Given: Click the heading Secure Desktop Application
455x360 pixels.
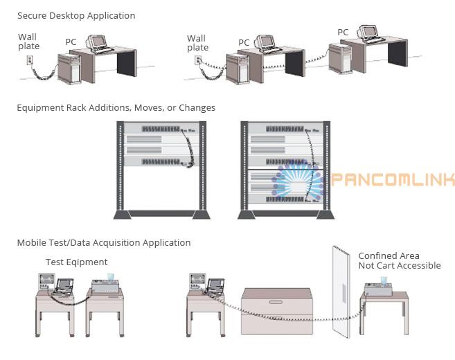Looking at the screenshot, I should [x=76, y=15].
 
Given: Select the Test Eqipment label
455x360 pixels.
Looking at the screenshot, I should [x=76, y=262].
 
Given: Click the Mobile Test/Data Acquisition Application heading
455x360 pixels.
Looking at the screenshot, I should [x=103, y=242].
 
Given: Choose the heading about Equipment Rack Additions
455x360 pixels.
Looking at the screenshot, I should [x=116, y=107].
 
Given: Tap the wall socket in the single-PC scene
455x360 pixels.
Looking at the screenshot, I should [x=29, y=60].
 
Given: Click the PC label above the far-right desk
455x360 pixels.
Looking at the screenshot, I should [x=343, y=32].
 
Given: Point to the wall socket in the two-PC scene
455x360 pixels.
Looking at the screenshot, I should [x=197, y=60].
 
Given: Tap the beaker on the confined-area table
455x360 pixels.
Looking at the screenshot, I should [x=382, y=280].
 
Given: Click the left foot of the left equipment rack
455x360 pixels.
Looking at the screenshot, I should [x=123, y=215].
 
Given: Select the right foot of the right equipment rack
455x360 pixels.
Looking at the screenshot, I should [x=325, y=215].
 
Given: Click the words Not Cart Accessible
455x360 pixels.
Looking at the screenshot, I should [x=399, y=266].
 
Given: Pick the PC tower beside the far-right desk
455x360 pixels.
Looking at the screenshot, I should [x=337, y=57].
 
